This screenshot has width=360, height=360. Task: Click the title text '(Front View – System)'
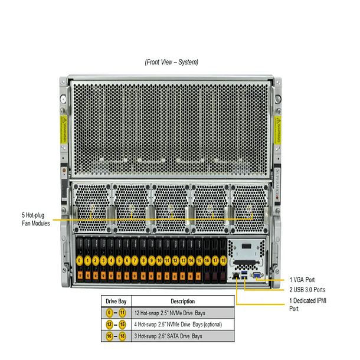tap(171, 62)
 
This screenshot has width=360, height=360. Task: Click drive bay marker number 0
tap(80, 260)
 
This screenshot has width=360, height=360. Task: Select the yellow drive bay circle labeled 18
tap(223, 260)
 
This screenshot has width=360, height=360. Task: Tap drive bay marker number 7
tap(136, 260)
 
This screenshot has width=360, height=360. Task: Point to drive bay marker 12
tap(175, 260)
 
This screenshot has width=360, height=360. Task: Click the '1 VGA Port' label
tap(302, 280)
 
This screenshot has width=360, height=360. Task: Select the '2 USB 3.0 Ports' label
tap(307, 290)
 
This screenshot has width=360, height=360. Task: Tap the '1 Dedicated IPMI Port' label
tap(307, 304)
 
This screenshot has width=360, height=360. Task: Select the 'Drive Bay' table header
tap(116, 300)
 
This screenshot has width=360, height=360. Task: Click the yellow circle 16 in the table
tap(109, 336)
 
